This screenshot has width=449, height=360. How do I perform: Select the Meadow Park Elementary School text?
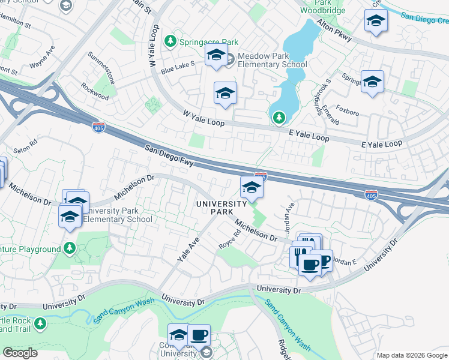coord(272,60)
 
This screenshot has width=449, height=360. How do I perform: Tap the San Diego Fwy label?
coord(168,155)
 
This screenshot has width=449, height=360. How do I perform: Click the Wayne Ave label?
coord(43,56)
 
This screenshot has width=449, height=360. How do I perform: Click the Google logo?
coord(20,353)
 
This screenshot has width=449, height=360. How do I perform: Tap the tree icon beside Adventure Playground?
coord(70,248)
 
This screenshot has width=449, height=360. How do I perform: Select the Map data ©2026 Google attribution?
coord(411,355)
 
